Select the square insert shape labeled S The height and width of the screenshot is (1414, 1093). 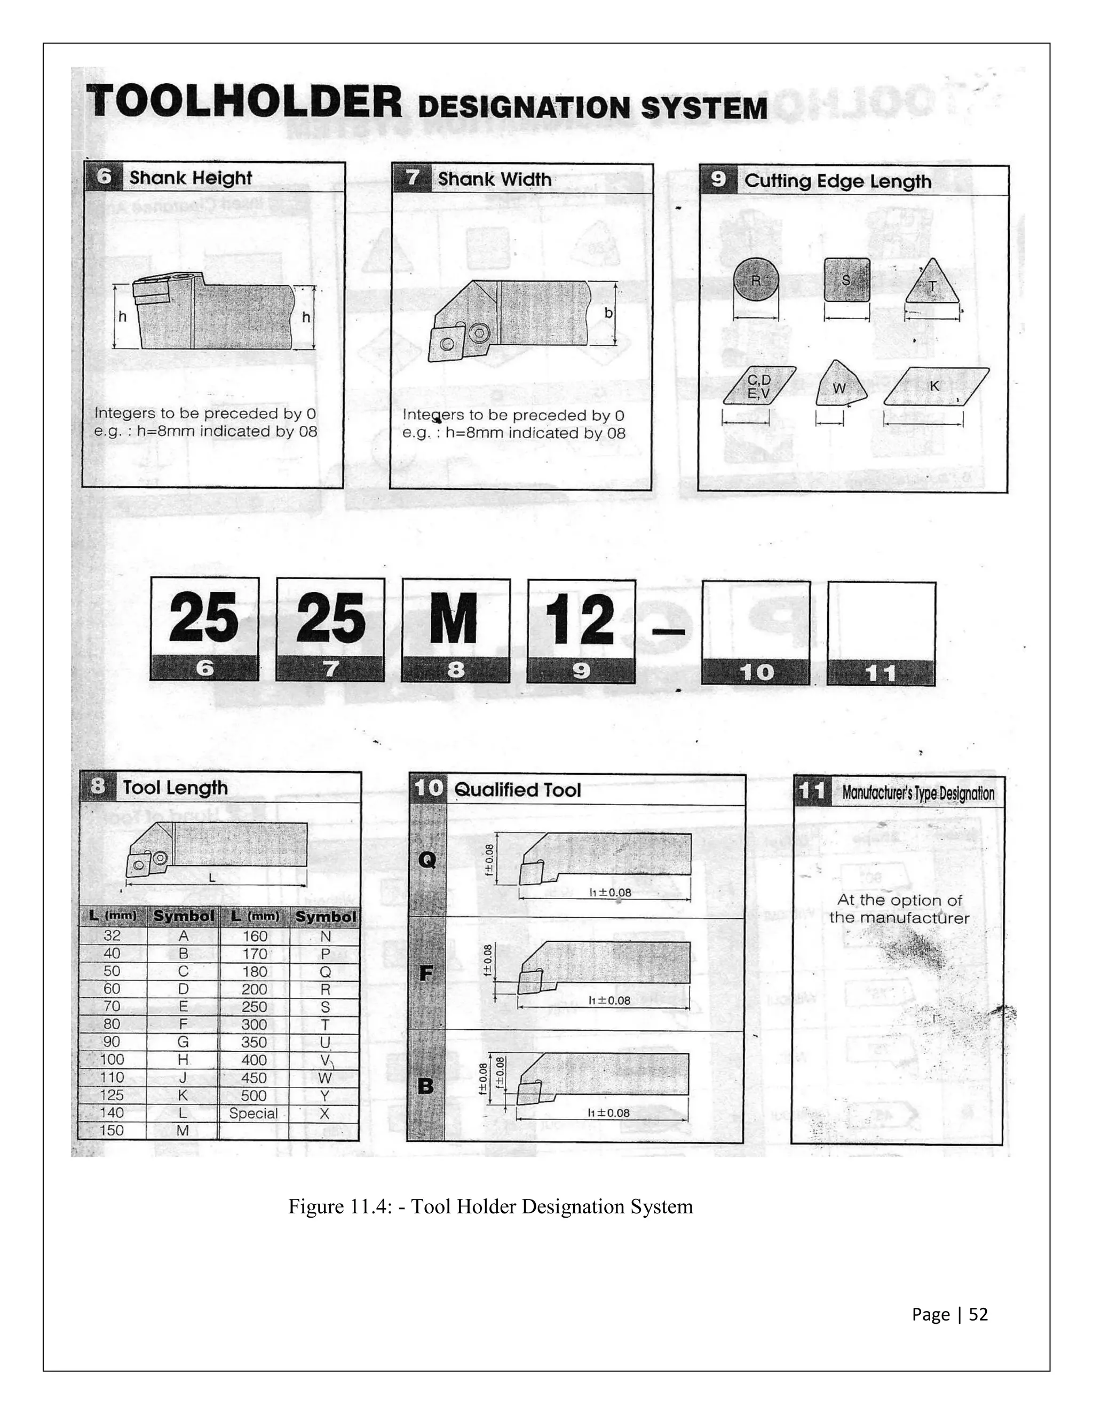point(846,280)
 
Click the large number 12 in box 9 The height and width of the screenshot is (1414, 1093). point(580,619)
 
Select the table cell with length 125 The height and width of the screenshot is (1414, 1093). point(112,1095)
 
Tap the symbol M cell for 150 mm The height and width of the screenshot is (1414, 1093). point(183,1131)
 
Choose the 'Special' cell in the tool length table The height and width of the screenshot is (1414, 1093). point(253,1113)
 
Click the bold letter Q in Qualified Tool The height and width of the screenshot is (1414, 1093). point(427,859)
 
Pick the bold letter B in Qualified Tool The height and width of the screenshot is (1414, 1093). point(425,1086)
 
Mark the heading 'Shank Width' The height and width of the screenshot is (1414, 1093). point(495,179)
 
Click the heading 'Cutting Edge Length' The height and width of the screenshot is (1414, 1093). point(838,181)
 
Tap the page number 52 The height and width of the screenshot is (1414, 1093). point(978,1314)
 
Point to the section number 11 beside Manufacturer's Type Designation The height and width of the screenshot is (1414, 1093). point(811,791)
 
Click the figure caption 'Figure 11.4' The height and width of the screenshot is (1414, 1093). point(490,1207)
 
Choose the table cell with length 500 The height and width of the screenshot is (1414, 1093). point(254,1095)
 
